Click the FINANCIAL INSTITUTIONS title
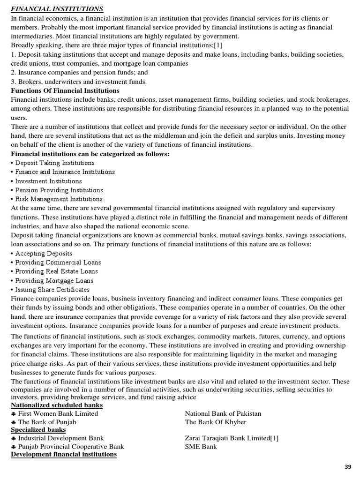coord(57,9)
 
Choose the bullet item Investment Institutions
coord(48,181)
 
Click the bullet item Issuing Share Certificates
coord(52,290)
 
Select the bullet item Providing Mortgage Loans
coord(54,281)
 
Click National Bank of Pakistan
coord(223,413)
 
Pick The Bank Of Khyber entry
coord(216,422)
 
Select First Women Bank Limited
coord(58,413)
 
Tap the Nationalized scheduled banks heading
coord(57,405)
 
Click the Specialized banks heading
coord(38,429)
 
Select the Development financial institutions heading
coord(64,454)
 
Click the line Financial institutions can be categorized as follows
coord(90,154)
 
